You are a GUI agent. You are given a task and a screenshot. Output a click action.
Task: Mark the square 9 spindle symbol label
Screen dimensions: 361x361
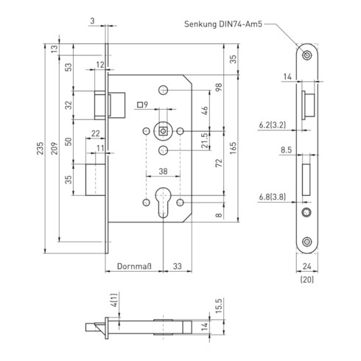(x=143, y=105)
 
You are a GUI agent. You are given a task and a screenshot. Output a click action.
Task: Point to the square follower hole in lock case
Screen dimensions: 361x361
(x=162, y=131)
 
